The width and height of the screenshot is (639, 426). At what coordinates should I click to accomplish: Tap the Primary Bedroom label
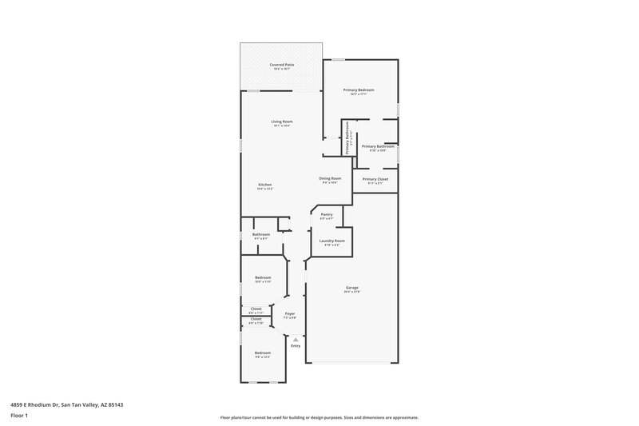(359, 90)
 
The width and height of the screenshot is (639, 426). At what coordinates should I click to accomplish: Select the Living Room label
(281, 121)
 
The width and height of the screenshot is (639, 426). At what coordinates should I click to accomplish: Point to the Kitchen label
(264, 185)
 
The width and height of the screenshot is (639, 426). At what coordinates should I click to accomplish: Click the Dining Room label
(330, 178)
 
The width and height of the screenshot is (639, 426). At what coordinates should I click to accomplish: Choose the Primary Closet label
(375, 179)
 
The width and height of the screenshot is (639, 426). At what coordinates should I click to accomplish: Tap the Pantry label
(326, 214)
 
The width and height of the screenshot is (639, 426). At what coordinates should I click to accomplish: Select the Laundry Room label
(331, 241)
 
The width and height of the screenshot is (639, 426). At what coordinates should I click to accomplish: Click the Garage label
(351, 288)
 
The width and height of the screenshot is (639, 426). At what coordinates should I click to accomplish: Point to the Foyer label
(290, 313)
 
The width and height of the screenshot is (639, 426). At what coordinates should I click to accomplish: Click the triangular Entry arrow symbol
(296, 339)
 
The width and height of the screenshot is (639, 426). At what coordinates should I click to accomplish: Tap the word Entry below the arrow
(296, 346)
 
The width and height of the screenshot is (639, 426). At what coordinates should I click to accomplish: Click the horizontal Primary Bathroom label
(378, 146)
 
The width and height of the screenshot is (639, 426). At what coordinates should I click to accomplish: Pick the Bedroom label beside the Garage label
(263, 277)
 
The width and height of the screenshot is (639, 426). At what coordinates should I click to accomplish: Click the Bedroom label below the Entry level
(263, 352)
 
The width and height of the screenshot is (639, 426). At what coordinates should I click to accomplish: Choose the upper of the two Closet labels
(256, 309)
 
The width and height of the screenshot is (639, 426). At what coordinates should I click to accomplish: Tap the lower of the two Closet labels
(256, 319)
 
